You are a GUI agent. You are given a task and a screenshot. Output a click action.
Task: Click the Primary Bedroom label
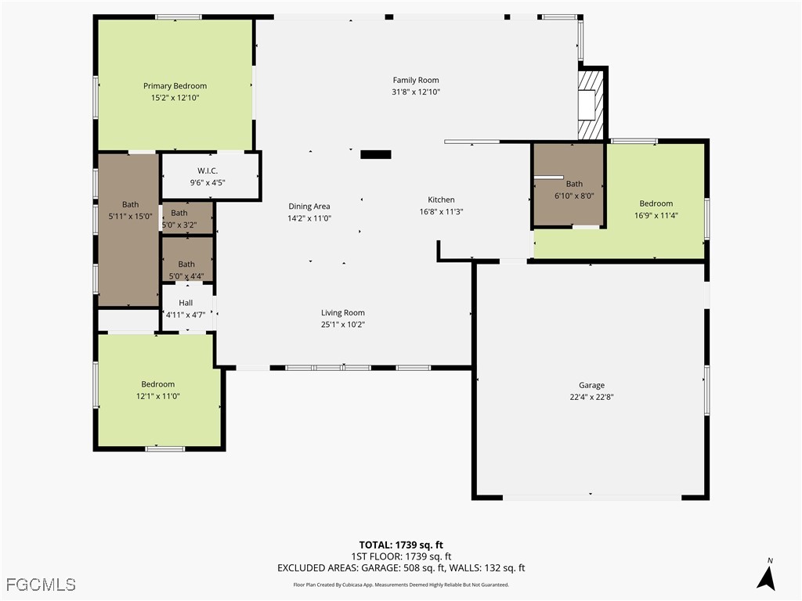pos(175,86)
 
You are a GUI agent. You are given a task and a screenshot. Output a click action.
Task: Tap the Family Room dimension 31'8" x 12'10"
pos(416,92)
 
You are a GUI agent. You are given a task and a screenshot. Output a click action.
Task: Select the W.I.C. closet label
pos(207,171)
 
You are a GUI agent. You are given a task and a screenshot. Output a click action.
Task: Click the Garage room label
pos(591,385)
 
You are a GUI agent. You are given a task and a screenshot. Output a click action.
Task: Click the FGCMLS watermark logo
pos(41,585)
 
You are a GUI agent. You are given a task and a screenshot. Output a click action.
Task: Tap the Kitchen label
pos(441,200)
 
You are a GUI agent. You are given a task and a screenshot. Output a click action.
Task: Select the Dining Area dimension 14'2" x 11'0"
pos(309,218)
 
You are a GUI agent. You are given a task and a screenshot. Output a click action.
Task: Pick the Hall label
pos(186,303)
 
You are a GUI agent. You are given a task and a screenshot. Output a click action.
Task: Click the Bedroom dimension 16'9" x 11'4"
pos(656,215)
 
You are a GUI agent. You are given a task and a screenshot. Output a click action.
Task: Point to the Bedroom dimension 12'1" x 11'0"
pos(157,396)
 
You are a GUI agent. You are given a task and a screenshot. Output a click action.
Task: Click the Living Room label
pos(343,313)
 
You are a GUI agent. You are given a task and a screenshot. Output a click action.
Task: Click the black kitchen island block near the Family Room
pos(375,155)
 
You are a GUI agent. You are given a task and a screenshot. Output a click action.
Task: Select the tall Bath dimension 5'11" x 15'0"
pos(130,217)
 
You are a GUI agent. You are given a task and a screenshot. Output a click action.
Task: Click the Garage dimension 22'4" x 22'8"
pos(591,397)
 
